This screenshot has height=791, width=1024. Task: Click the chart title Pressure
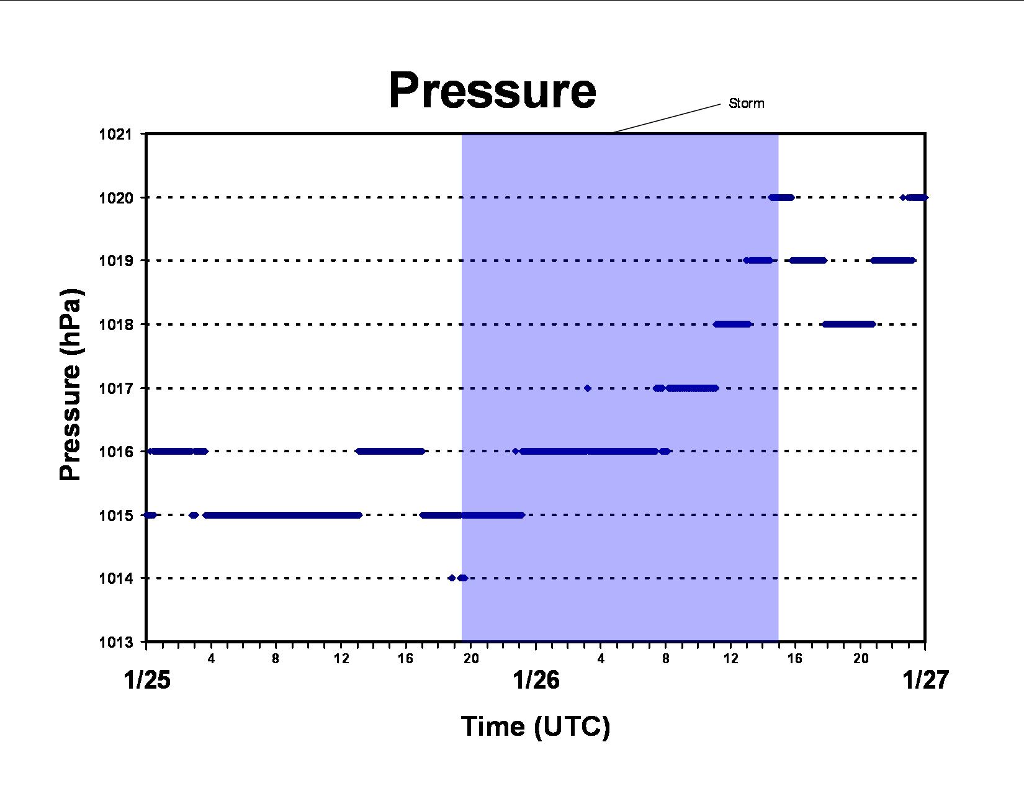(x=492, y=91)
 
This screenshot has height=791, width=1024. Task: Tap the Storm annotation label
(x=747, y=103)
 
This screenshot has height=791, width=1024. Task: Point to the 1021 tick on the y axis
(x=115, y=134)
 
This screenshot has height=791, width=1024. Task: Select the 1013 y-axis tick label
(x=115, y=641)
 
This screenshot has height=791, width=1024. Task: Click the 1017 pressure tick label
(x=115, y=388)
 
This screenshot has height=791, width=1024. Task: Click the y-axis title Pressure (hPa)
(x=71, y=385)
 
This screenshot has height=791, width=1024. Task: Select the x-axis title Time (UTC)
(x=536, y=726)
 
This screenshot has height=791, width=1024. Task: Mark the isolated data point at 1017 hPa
(x=587, y=388)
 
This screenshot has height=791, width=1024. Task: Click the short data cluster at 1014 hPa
(x=459, y=578)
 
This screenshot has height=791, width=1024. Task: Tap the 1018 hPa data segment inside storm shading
(x=732, y=324)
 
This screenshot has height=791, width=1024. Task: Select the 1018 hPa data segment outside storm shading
(x=849, y=324)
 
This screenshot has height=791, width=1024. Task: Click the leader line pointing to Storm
(x=667, y=118)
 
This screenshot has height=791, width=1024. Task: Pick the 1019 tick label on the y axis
(x=115, y=261)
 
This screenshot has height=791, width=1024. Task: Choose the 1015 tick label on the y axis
(x=115, y=516)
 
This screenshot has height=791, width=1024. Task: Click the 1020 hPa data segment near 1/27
(x=914, y=197)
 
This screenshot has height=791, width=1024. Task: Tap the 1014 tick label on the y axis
(x=115, y=578)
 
